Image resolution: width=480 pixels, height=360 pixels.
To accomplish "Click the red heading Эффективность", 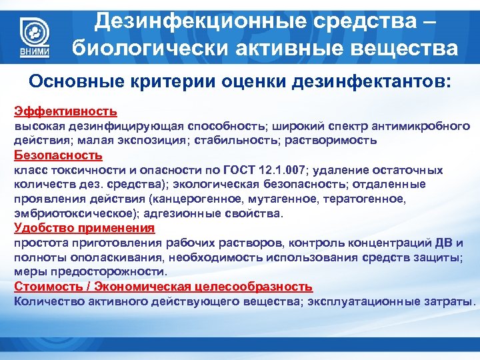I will tap(65, 111).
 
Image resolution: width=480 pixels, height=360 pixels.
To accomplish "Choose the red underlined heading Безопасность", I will tap(58, 155).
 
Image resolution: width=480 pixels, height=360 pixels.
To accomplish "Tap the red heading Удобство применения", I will tap(84, 228).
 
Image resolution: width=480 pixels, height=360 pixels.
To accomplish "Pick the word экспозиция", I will tap(171, 141).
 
